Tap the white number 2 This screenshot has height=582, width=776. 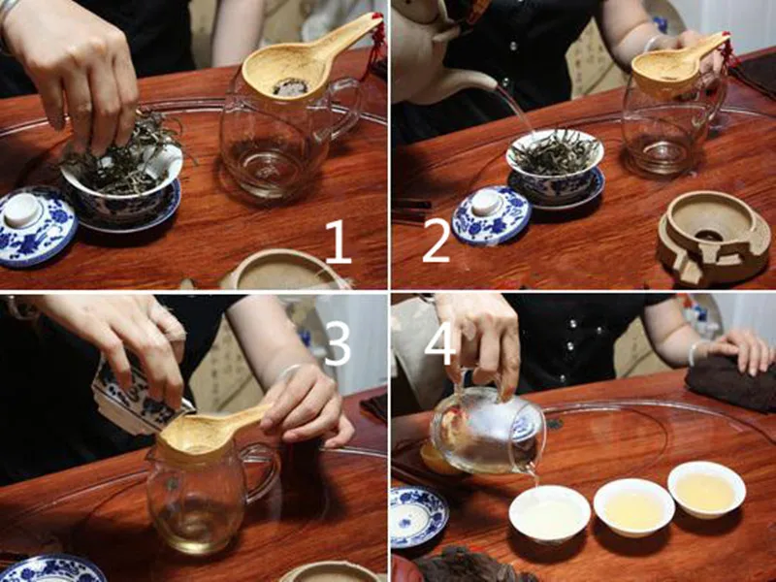click(x=436, y=242)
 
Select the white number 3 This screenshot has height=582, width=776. click(x=338, y=343)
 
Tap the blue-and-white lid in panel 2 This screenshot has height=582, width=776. click(x=492, y=215)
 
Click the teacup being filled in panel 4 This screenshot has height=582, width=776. click(x=549, y=513)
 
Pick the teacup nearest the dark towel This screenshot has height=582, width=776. click(x=706, y=490)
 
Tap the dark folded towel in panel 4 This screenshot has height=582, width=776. click(x=731, y=382)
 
